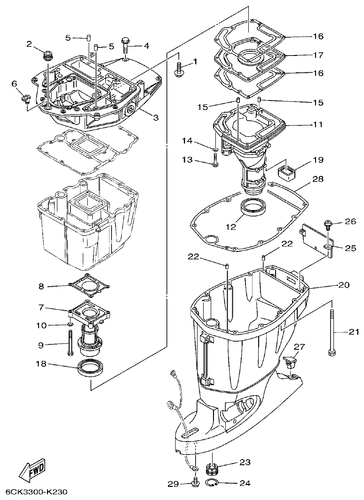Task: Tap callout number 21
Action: tap(354, 332)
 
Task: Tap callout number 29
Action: tap(173, 484)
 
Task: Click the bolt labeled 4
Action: tap(126, 45)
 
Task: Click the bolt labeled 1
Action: tap(179, 68)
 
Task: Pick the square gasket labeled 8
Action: tap(89, 285)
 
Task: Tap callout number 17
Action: tap(318, 55)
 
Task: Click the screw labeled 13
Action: tap(215, 162)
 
